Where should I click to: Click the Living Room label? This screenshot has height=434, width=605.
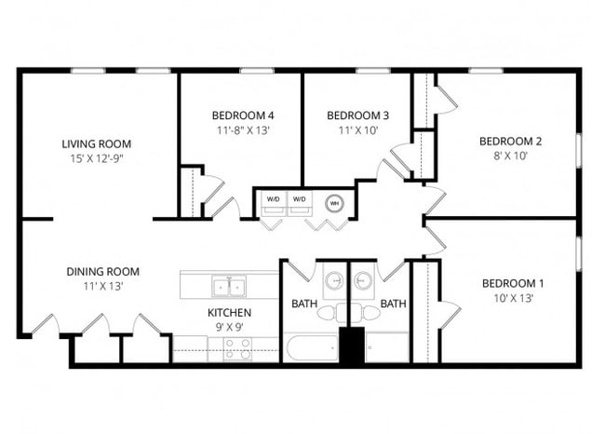97,144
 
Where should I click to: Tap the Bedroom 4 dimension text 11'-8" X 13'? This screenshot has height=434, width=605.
243,130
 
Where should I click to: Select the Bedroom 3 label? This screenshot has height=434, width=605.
357,115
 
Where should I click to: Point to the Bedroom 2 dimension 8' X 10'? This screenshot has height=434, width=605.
510,156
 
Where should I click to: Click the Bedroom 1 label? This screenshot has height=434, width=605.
513,284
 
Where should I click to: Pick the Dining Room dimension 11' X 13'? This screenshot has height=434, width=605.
103,287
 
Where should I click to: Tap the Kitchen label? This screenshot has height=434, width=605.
229,312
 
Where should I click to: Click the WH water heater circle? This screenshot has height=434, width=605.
334,203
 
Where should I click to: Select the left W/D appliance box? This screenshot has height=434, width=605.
274,203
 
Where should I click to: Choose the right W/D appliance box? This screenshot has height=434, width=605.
300,203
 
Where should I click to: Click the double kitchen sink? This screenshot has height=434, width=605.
229,286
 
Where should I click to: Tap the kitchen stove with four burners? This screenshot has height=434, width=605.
237,349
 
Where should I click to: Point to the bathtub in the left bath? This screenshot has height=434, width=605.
312,348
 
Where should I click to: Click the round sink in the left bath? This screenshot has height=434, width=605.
334,280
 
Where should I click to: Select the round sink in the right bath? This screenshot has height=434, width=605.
362,280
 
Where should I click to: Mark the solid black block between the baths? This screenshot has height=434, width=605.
352,345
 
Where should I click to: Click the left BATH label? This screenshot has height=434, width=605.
304,304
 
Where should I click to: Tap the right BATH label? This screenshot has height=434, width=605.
393,304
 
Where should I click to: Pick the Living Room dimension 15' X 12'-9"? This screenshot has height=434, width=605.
97,158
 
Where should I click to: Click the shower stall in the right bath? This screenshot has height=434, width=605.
387,347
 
